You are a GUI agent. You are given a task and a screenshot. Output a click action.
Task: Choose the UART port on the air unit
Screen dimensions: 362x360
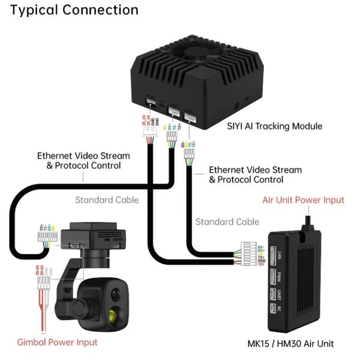point(272,296)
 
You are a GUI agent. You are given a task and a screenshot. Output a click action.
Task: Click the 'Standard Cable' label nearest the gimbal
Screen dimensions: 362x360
point(107,200)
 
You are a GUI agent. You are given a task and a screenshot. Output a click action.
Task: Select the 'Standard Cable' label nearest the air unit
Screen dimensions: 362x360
point(227,222)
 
